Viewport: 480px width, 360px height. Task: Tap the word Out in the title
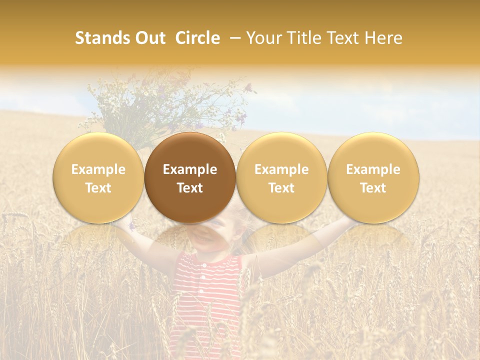pyautogui.click(x=149, y=38)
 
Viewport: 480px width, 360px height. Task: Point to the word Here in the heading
pyautogui.click(x=384, y=38)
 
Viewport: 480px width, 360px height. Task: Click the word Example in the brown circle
pyautogui.click(x=190, y=169)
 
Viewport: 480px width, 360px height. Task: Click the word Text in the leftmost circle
pyautogui.click(x=98, y=188)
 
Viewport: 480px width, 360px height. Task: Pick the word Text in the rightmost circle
pyautogui.click(x=373, y=188)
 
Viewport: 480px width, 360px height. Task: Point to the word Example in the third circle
pyautogui.click(x=281, y=169)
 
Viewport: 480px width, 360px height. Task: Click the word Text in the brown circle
pyautogui.click(x=190, y=188)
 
